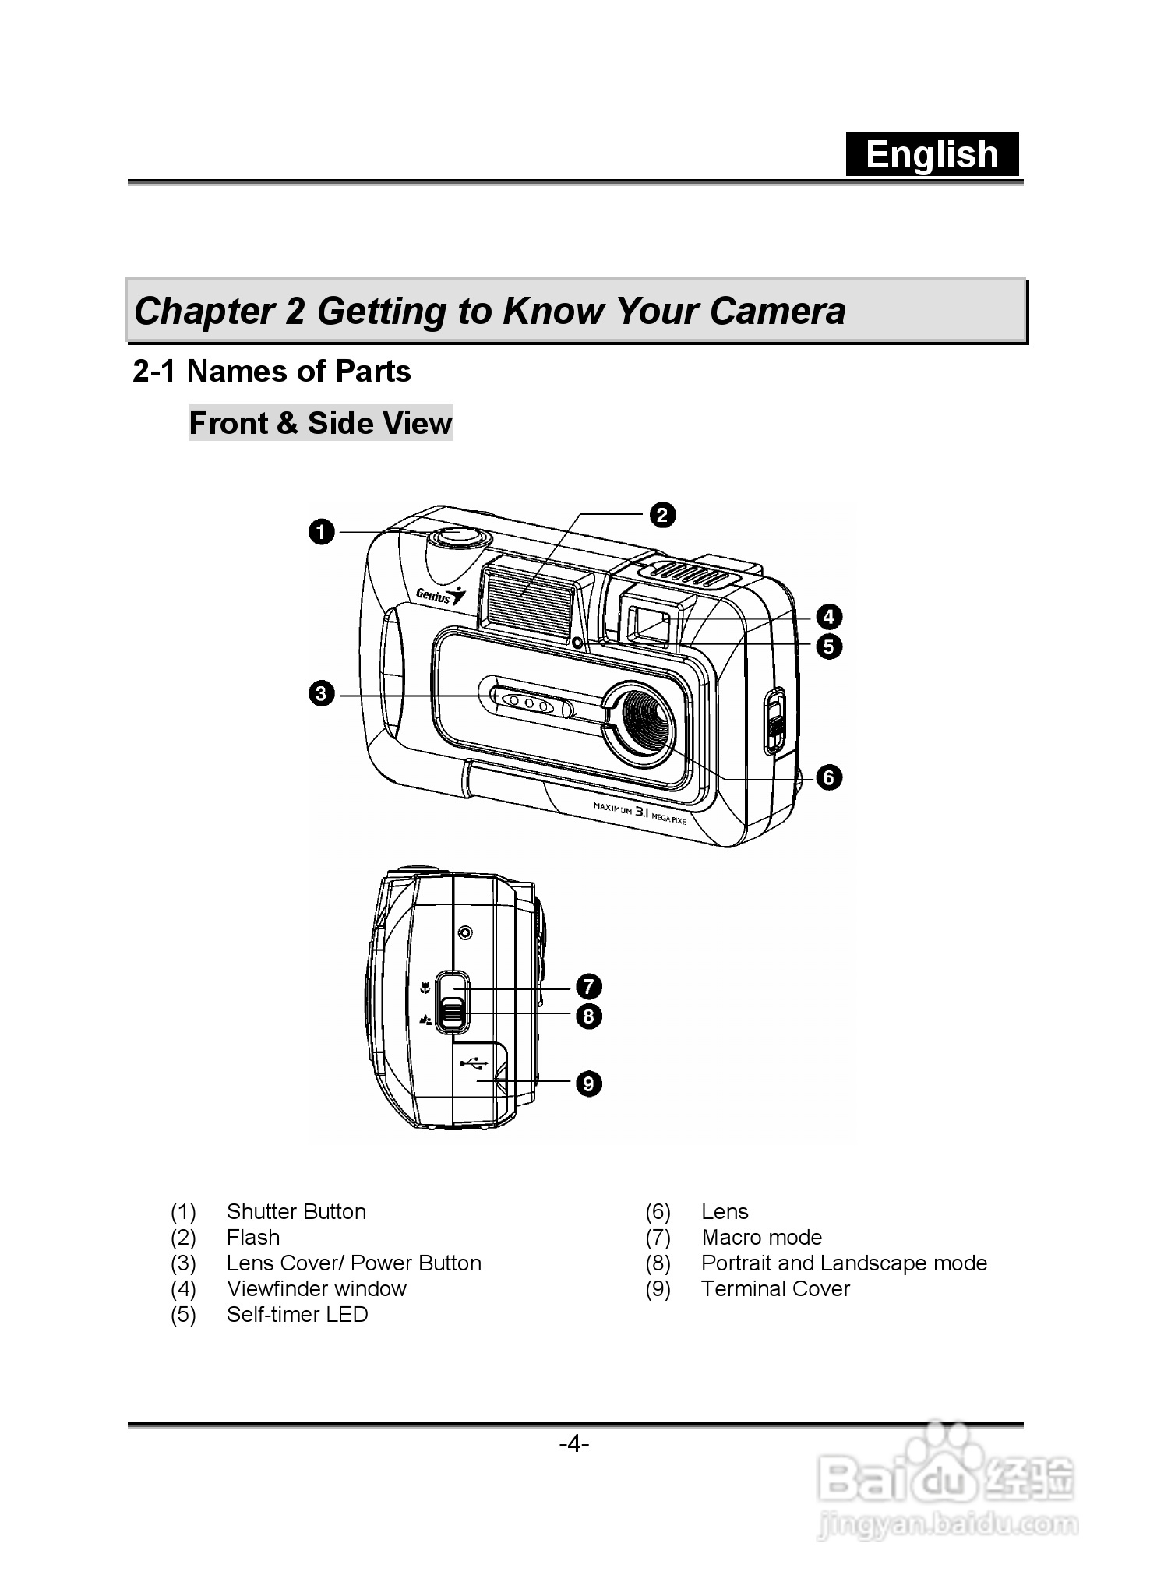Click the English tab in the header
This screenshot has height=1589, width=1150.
[932, 154]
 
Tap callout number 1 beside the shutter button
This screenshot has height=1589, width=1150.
[321, 533]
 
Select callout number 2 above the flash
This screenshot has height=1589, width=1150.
[662, 515]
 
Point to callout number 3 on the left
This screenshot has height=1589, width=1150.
[321, 692]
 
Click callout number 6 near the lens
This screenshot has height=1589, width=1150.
[829, 777]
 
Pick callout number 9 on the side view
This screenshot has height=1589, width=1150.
[589, 1083]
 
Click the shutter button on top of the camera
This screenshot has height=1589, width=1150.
[458, 537]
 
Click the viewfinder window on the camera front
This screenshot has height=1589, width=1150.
[649, 623]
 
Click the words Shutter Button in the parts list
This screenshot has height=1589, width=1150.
[296, 1212]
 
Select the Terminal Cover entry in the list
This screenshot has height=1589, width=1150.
[775, 1289]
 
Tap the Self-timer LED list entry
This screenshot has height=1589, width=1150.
[297, 1315]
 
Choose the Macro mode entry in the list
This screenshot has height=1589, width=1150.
[761, 1238]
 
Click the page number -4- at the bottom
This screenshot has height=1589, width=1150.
[574, 1445]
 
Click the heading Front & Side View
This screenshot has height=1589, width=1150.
[320, 423]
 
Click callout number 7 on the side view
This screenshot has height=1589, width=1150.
[589, 986]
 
